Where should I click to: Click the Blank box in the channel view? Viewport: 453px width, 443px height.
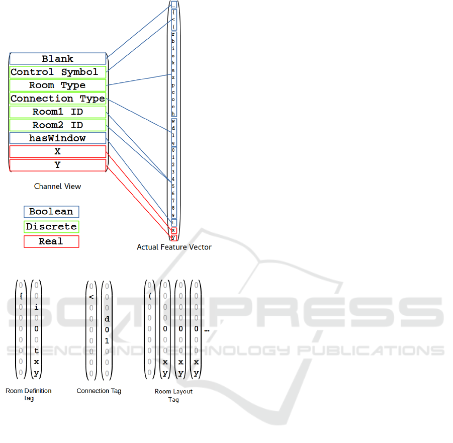coord(57,59)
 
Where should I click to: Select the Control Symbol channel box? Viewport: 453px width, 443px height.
coord(57,72)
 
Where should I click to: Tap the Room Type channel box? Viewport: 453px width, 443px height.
coord(57,85)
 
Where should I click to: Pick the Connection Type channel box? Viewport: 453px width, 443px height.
coord(57,99)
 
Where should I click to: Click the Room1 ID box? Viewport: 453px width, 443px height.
coord(57,112)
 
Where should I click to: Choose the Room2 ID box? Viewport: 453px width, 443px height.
coord(57,125)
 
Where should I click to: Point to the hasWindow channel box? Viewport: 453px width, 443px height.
coord(57,138)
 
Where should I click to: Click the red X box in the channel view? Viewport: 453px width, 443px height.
coord(57,151)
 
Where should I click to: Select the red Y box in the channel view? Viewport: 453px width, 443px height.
coord(57,164)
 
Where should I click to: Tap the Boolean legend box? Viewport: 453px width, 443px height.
coord(51,212)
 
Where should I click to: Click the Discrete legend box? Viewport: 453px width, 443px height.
coord(51,227)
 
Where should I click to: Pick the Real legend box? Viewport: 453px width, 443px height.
coord(51,241)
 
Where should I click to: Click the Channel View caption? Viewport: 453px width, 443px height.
coord(57,186)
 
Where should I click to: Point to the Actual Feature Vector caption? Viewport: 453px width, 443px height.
coord(174,247)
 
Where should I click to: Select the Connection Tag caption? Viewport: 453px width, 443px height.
coord(99,391)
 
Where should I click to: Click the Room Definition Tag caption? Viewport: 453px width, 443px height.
coord(29,394)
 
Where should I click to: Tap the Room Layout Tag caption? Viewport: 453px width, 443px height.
coord(173,395)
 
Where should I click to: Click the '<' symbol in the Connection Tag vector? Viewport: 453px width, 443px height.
coord(91,297)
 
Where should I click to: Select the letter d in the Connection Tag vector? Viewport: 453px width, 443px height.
coord(107,319)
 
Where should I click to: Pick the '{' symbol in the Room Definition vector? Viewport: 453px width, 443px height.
coord(21,296)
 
